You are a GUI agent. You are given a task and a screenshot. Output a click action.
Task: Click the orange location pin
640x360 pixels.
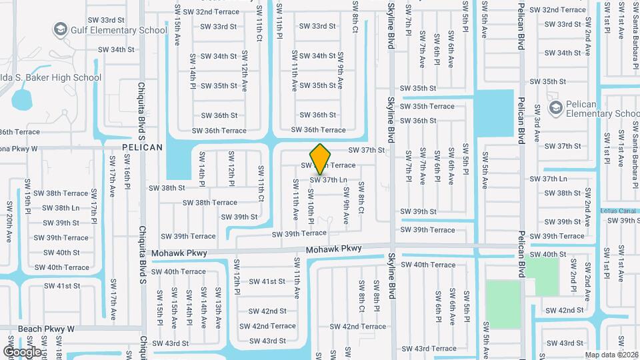321,158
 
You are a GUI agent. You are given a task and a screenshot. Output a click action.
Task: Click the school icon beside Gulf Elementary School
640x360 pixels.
61,30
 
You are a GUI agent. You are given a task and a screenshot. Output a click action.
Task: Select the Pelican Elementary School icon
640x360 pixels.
555,107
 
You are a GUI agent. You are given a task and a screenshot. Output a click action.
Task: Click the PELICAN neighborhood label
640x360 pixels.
142,147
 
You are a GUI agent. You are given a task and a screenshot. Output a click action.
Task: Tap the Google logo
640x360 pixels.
22,351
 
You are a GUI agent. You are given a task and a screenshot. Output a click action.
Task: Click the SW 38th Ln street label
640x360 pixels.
57,208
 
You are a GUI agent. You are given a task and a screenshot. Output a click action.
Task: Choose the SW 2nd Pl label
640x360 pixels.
573,281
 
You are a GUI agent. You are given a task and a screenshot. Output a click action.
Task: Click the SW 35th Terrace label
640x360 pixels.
427,107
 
